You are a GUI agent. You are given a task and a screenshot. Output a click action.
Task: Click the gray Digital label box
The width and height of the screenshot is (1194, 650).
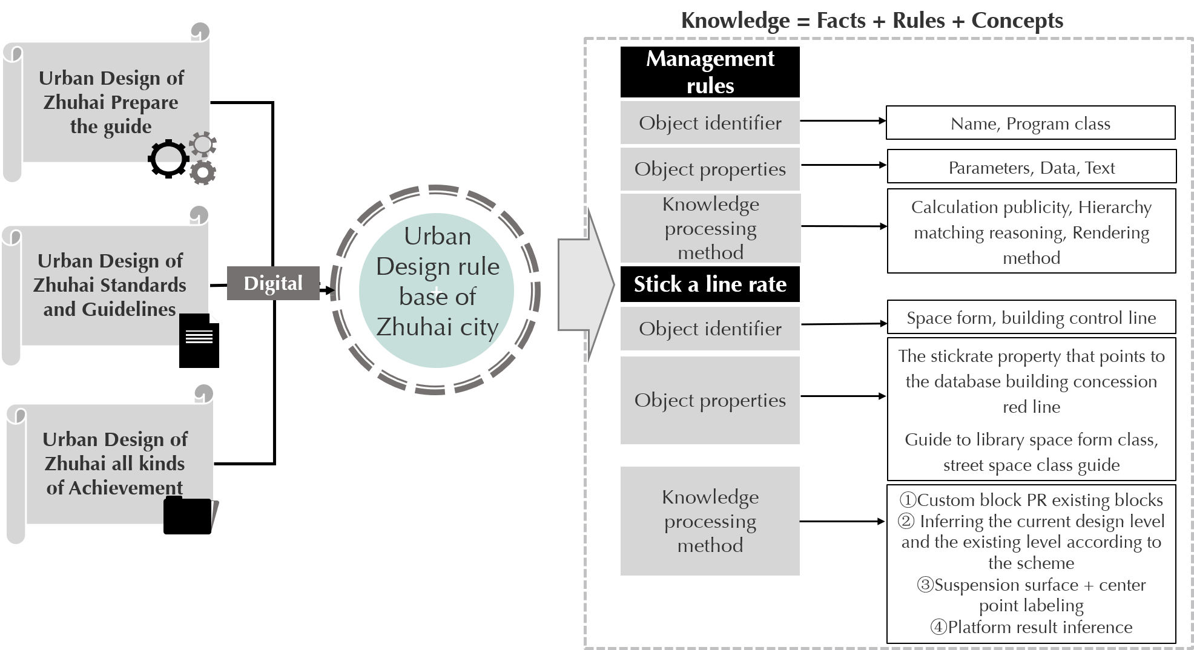[x=273, y=283]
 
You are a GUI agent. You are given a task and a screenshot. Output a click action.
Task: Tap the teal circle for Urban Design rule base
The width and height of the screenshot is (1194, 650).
[x=436, y=291]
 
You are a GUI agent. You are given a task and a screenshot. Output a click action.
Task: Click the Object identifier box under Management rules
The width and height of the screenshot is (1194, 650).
[x=710, y=123]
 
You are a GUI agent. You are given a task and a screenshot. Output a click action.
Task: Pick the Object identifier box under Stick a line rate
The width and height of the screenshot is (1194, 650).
[x=710, y=329]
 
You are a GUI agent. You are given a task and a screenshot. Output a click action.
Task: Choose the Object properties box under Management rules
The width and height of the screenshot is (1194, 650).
[x=710, y=169]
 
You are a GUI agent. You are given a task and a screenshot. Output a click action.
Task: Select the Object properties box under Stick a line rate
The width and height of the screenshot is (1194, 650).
[x=710, y=400]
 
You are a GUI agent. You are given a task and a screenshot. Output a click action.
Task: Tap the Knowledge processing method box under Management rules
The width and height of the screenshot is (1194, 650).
[x=710, y=228]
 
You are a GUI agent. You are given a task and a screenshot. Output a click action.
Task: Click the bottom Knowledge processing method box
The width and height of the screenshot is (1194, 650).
[x=710, y=520]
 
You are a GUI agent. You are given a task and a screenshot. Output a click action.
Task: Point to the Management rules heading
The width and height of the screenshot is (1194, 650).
[x=710, y=71]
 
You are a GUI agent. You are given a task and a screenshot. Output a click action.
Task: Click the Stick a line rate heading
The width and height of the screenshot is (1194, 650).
[x=710, y=284]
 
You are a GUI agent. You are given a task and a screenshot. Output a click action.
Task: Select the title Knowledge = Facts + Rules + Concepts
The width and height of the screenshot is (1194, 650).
[x=872, y=21]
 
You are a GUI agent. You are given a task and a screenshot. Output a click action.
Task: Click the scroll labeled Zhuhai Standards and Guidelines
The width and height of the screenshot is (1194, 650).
[x=109, y=284]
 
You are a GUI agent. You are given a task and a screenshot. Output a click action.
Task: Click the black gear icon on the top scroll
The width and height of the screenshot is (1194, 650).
[x=168, y=154]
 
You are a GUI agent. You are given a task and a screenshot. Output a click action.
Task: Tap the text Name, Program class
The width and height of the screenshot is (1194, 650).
[x=1031, y=124]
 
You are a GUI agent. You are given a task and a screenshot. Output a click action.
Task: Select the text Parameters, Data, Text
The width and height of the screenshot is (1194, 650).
[x=1031, y=168]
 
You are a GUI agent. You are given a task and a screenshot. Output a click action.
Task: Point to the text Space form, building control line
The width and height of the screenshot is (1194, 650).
[x=1031, y=318]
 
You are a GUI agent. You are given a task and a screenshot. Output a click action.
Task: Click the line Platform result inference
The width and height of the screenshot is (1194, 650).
[x=1031, y=628]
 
